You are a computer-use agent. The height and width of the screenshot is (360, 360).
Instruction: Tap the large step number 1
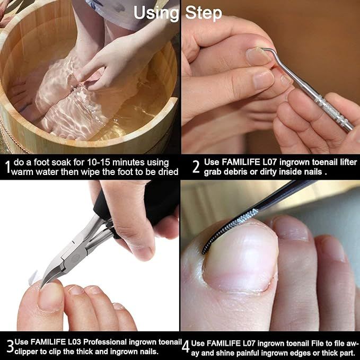point(7,168)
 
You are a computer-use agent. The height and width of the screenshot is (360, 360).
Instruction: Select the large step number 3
point(9,345)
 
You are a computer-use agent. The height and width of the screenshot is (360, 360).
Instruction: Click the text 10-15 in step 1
point(104,162)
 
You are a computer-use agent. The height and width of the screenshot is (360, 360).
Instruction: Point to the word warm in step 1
point(23,172)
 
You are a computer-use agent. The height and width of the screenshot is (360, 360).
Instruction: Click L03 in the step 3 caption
point(74,341)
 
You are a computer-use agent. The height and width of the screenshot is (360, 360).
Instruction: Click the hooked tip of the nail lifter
point(265,50)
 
